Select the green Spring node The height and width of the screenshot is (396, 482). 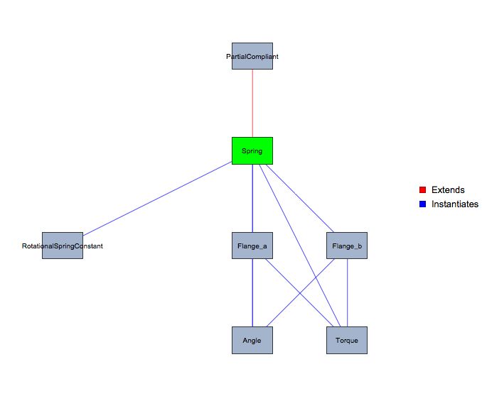pos(252,150)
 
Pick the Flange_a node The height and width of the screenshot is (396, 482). pos(252,246)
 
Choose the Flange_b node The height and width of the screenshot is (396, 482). pos(347,246)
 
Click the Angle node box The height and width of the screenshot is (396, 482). pos(252,340)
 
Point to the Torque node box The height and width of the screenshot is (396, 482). pos(347,340)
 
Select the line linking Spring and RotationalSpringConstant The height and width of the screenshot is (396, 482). pos(156,199)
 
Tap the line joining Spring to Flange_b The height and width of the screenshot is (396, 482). pos(299,198)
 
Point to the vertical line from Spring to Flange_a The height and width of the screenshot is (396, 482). pos(252,199)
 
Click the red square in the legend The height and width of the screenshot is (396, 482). pos(422,190)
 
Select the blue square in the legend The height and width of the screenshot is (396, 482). pos(422,204)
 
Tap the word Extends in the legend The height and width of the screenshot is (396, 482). pos(448,190)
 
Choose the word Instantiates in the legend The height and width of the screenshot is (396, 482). pos(455,204)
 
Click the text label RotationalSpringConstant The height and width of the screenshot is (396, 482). pos(63,246)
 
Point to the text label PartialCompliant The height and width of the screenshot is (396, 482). pos(252,56)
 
